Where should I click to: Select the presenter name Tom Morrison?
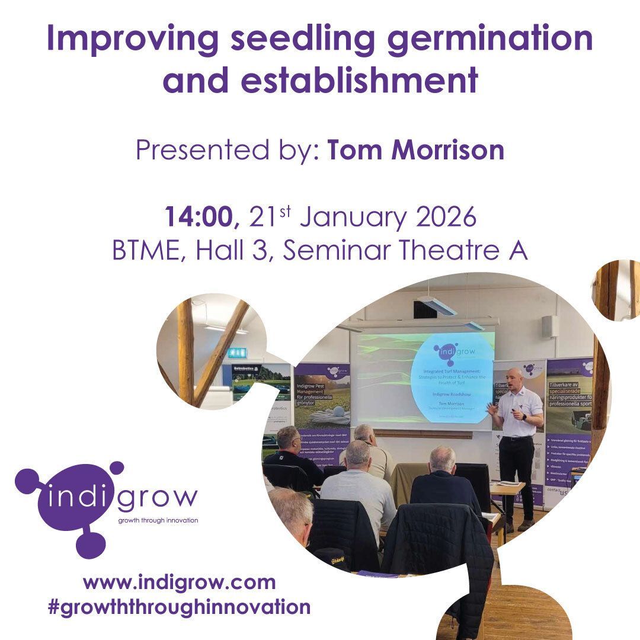coord(416,150)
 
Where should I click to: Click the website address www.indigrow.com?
coord(180,582)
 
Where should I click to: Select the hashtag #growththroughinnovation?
coord(178,607)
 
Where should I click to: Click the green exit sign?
coord(236,353)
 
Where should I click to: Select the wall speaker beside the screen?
coord(549,327)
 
